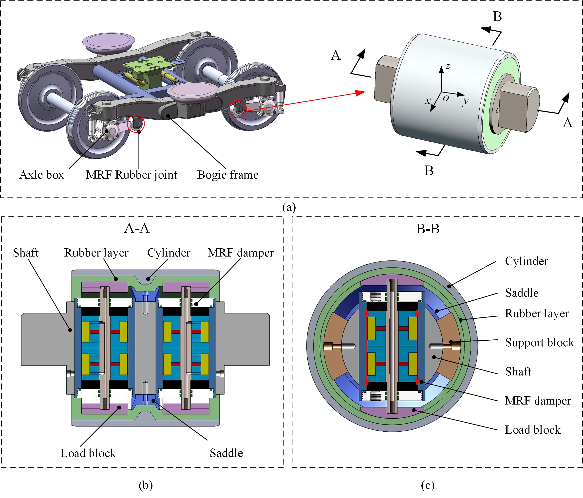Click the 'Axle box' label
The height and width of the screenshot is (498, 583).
coord(42,175)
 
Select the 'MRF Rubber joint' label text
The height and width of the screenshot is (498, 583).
coord(132,175)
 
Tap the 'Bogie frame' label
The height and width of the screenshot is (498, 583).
coord(228,175)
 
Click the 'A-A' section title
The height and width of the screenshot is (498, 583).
coord(137,228)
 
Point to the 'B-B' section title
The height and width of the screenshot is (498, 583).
coord(427,229)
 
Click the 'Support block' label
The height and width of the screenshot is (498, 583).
coord(539,342)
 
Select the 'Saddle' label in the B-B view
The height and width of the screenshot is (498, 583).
coord(522,293)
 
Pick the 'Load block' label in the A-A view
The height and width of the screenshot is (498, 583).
coord(88,453)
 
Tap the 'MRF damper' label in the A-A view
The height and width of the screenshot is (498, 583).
coord(240,253)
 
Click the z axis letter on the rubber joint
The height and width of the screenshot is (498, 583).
coord(448,66)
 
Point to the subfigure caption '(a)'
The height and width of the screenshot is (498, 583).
coord(289,207)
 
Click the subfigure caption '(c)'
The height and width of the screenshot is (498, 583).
coord(427,485)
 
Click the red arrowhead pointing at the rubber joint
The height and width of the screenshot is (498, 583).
coord(360,93)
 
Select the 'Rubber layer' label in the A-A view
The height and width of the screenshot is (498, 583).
coord(96,253)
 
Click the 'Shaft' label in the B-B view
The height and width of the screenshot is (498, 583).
coord(518,372)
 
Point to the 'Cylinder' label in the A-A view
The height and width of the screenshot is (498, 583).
coord(169,253)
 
